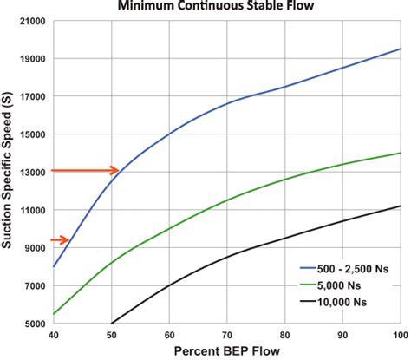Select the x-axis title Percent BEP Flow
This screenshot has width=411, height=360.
(x=227, y=351)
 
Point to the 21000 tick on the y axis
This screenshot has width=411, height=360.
(x=33, y=21)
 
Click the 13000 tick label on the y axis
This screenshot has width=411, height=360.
(x=33, y=172)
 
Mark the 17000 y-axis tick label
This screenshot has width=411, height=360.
(x=33, y=96)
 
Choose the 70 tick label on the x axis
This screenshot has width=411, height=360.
(x=227, y=335)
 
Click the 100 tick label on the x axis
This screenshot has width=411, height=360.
(x=401, y=335)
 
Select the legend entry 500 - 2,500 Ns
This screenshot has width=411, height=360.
(x=347, y=270)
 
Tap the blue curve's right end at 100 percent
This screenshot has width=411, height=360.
(x=401, y=49)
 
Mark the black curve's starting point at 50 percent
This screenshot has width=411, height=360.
(x=111, y=323)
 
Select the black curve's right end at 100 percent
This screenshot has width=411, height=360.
(x=401, y=206)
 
